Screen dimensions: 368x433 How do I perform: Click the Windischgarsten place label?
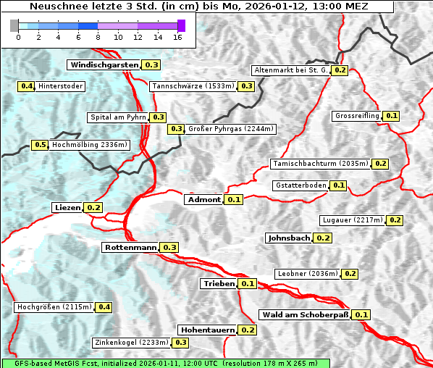click(x=103, y=64)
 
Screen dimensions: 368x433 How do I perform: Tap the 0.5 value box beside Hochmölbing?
click(x=40, y=145)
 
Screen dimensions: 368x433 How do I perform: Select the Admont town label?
click(x=203, y=199)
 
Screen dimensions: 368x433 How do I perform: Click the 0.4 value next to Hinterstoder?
click(x=26, y=86)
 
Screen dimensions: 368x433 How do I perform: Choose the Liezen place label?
click(x=67, y=207)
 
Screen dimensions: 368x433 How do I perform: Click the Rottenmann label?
click(x=130, y=247)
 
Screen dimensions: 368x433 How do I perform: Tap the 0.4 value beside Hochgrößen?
click(x=104, y=307)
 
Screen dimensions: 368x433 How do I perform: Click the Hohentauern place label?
click(x=208, y=330)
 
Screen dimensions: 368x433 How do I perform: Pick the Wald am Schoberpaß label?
click(x=304, y=314)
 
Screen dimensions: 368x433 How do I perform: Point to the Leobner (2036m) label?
click(x=307, y=273)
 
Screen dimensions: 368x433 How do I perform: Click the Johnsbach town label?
click(x=289, y=238)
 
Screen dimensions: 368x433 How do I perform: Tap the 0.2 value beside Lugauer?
click(x=395, y=219)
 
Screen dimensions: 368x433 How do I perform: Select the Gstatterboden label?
click(x=300, y=185)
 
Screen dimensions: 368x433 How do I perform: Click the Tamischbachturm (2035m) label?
click(x=319, y=164)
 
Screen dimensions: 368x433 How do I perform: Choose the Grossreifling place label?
click(x=357, y=116)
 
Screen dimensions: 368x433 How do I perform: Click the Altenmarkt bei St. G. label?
click(x=290, y=70)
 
